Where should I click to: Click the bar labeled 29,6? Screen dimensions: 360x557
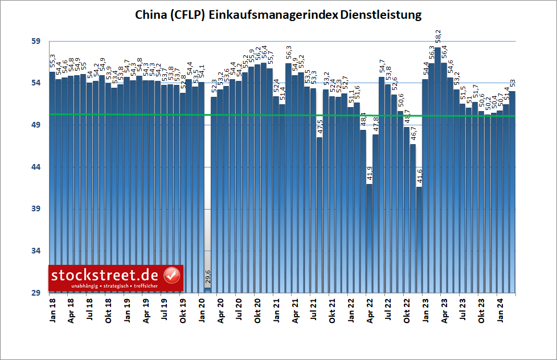[208, 290]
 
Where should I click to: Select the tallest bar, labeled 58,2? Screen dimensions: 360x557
[437, 171]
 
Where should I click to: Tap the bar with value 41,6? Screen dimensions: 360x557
[419, 239]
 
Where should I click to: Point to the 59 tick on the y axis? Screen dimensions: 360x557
[36, 42]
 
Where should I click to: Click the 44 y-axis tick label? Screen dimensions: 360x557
[36, 167]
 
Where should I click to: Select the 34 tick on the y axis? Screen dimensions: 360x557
[36, 251]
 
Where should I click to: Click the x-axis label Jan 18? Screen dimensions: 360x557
[52, 308]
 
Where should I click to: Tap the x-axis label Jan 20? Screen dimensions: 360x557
[202, 308]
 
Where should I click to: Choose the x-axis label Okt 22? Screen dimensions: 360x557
[407, 308]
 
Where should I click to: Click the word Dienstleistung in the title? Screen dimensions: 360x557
[380, 15]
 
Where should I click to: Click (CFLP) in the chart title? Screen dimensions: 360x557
[189, 15]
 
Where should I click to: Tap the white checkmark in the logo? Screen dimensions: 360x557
[172, 275]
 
